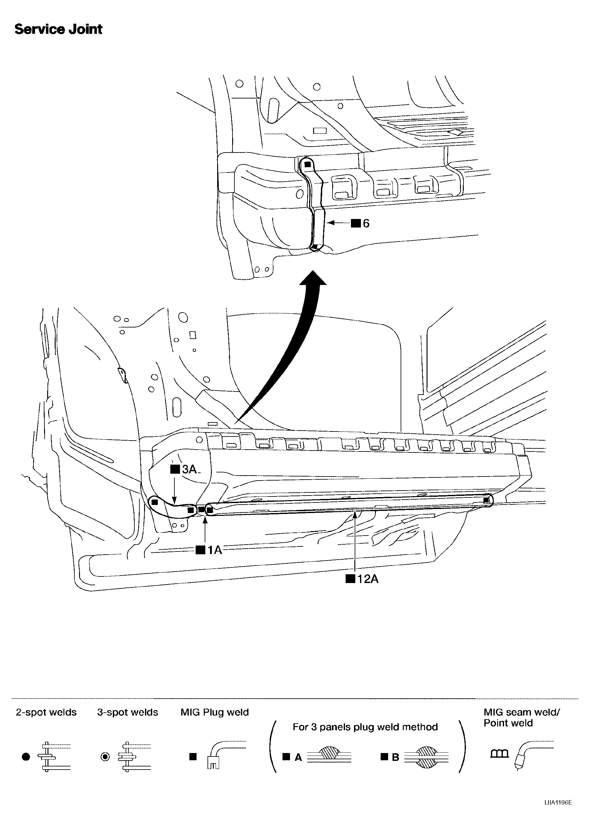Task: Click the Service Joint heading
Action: (58, 29)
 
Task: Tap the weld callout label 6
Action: (360, 223)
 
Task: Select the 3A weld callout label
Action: (184, 469)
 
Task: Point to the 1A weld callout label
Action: (209, 550)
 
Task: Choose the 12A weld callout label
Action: (362, 579)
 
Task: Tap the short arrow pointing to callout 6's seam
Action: (338, 223)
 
